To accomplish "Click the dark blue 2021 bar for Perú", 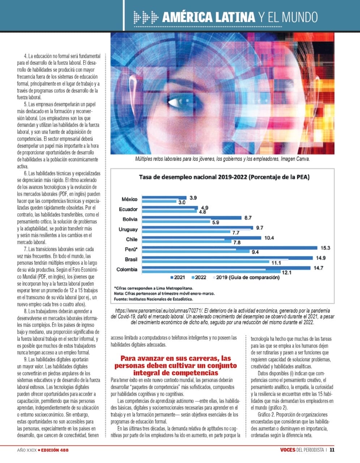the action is tap(230, 247).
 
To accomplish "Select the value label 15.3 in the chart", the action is tap(325, 248).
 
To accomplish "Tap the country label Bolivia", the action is tap(130, 219).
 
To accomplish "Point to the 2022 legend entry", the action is tap(199, 277).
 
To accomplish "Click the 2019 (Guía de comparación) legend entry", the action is tap(246, 277).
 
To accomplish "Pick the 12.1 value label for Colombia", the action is tap(287, 272).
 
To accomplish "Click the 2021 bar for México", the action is tap(164, 198).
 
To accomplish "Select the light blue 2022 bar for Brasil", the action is tap(206, 262).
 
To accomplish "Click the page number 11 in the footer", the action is tap(332, 450).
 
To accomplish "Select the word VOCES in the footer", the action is tap(288, 450).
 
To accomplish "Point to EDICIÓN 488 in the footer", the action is tap(55, 450).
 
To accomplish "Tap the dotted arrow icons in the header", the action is tap(146, 17).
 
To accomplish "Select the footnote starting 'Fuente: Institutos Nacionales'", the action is tap(153, 299).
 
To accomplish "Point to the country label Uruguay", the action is tap(128, 229).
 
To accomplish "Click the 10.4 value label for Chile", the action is tap(269, 238).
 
